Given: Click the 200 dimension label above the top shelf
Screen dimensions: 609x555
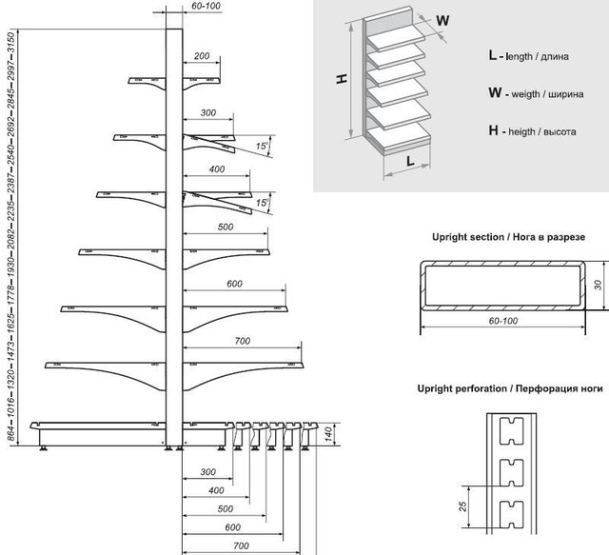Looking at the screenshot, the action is point(202,56).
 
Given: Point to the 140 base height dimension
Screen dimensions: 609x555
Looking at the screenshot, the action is point(328,434).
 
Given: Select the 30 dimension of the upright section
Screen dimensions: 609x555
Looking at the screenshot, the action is point(598,285).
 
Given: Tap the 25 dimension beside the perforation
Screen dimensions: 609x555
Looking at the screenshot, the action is point(462,506).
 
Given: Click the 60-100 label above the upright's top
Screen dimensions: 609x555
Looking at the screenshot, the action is point(206,6).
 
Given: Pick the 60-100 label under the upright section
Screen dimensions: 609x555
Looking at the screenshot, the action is point(503,321).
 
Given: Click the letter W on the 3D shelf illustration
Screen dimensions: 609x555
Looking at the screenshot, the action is point(442,20).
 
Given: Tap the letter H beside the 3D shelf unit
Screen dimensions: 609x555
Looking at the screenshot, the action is point(342,79).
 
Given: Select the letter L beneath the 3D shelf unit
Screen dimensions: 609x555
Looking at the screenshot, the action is point(410,161).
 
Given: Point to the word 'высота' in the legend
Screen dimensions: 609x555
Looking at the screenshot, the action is point(560,131).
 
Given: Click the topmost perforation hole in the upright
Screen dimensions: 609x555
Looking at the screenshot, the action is point(512,431).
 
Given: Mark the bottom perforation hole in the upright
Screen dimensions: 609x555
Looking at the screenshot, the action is point(512,515).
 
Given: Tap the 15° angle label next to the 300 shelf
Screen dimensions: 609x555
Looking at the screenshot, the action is point(263,146).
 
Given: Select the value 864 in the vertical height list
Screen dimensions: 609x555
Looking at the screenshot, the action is point(10,434).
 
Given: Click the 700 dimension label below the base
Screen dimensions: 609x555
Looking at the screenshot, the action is point(241,545).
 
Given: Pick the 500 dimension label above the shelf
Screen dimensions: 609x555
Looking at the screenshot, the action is point(226,227).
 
